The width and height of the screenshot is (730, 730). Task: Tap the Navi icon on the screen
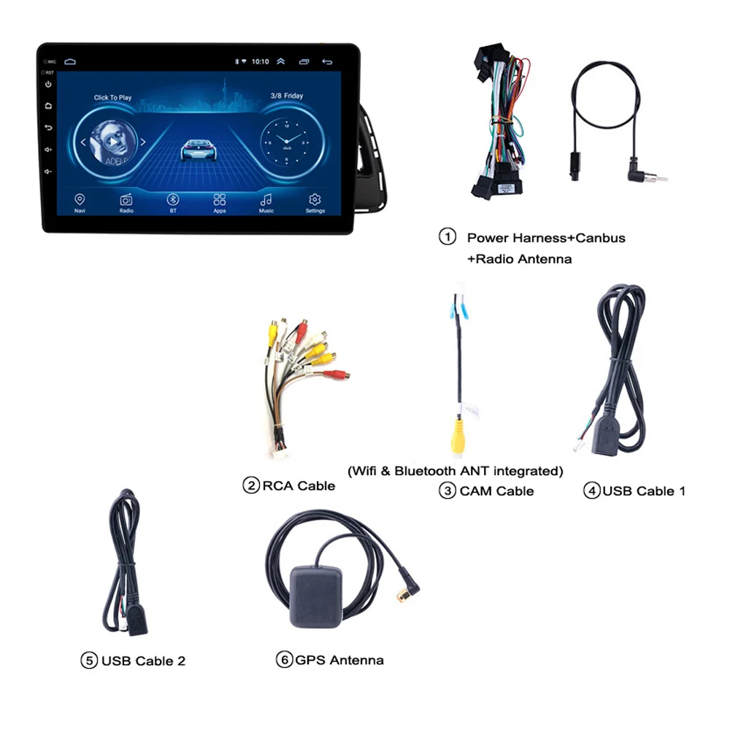pos(80,199)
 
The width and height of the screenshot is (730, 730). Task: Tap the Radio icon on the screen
pos(126,199)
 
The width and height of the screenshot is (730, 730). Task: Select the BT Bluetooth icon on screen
pos(173,199)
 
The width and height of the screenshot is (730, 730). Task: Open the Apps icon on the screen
pos(219,199)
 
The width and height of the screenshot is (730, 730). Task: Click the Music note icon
pos(266,199)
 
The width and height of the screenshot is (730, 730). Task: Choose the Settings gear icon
pos(315,199)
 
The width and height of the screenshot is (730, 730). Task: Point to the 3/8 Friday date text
pos(287,96)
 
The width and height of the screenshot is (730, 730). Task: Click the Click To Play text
pos(113,97)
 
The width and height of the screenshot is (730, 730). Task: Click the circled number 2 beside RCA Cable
pos(251,485)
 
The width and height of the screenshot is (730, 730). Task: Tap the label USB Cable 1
pos(643,491)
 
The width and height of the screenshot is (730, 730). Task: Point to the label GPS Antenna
pos(339,660)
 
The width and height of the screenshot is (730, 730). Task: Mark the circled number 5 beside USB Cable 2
pos(89,661)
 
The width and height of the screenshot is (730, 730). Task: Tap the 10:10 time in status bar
pos(260,62)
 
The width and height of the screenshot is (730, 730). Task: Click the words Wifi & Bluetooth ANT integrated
pos(456,470)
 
